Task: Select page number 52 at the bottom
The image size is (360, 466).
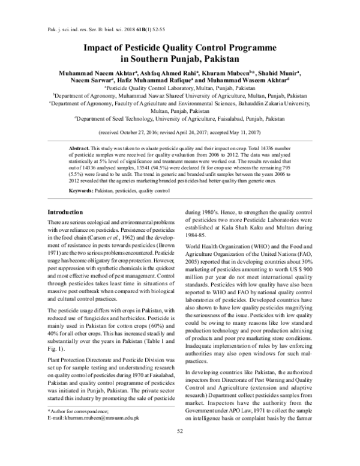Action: coord(179,448)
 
